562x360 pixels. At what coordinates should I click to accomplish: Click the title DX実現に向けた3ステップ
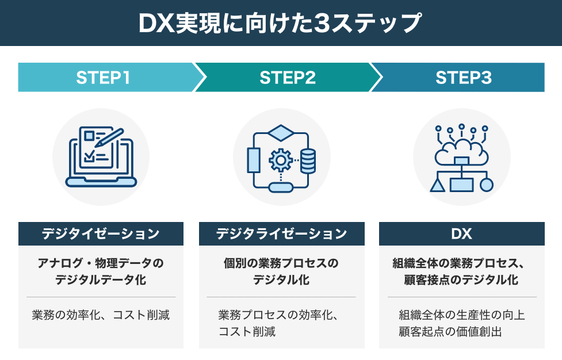pos(280,23)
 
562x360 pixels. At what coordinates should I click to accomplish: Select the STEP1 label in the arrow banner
pos(104,78)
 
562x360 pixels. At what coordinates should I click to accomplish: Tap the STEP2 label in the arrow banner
pos(288,78)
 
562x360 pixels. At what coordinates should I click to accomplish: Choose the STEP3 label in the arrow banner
pos(464,78)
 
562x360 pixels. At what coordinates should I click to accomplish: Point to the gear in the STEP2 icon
pos(280,159)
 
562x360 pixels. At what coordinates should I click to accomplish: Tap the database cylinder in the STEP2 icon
pos(308,160)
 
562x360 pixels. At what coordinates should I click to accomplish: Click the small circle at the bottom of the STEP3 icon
pos(487,185)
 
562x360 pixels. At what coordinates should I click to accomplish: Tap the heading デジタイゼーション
pos(101,234)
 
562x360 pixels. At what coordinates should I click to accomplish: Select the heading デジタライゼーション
pos(281,234)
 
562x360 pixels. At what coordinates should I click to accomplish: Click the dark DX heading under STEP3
pos(461,234)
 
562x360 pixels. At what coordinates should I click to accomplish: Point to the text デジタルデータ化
pos(101,280)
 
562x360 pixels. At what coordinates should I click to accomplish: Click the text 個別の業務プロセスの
pos(281,263)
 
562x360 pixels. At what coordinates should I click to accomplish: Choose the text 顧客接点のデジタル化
pos(461,280)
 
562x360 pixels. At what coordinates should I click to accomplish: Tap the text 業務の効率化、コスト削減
pos(101,315)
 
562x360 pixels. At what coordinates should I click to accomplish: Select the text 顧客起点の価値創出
pos(461,332)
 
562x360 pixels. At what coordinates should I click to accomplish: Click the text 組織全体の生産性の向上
pos(461,315)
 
